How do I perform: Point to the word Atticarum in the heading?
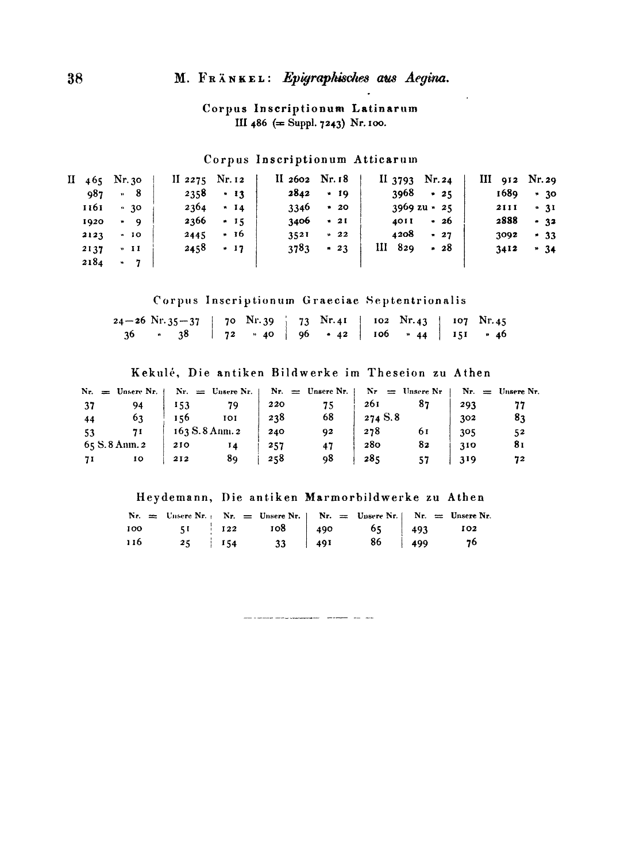[389, 159]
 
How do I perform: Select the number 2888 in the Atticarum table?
[507, 221]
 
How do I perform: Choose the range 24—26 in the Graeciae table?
[130, 320]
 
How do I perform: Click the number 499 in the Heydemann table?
[420, 543]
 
